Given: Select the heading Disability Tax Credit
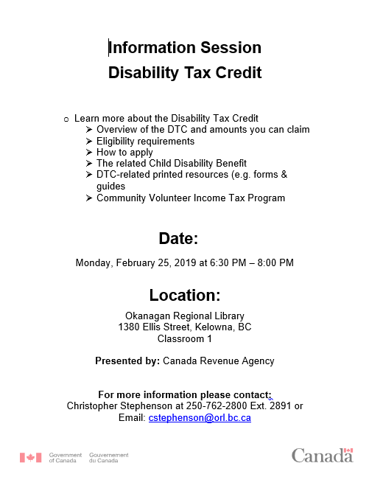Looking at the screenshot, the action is (x=185, y=73).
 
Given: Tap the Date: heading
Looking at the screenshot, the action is (x=178, y=238).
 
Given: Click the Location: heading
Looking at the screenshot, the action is (x=185, y=296).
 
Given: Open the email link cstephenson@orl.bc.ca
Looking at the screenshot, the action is (x=200, y=417).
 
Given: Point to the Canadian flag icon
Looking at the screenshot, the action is (x=31, y=458).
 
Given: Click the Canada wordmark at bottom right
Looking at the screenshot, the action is (x=322, y=456).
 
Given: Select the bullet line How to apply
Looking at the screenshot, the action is (x=124, y=153).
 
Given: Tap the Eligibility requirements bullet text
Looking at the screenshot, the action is (x=145, y=141).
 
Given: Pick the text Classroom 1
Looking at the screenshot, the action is (x=185, y=339).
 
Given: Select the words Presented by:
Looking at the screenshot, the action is (x=127, y=361).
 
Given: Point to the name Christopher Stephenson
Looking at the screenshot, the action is (x=119, y=405).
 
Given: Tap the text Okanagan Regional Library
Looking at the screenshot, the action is (x=185, y=316).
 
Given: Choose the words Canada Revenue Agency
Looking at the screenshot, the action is (x=218, y=361).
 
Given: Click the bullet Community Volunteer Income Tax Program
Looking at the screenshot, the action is (x=190, y=198).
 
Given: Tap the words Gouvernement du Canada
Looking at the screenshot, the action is (x=108, y=458).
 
